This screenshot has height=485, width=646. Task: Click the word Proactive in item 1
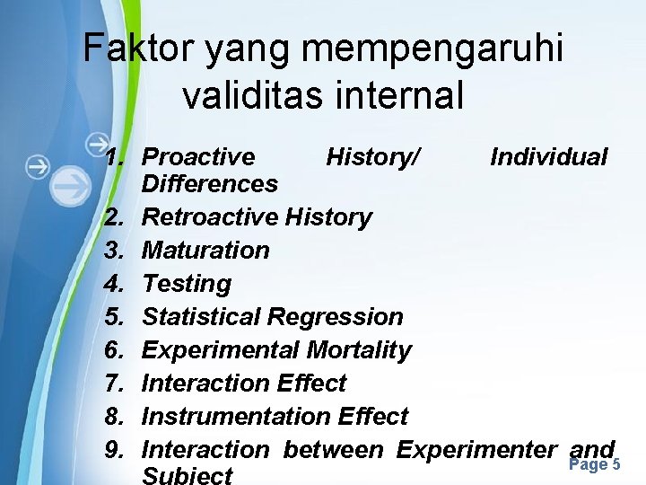pos(199,157)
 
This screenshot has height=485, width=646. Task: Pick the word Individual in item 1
pos(549,157)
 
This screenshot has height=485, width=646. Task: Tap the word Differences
pos(210,184)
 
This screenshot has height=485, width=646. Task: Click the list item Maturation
pos(205,251)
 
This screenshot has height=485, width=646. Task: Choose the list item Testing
pos(187,284)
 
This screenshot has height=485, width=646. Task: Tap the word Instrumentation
pos(237,417)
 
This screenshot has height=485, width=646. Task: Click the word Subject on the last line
pos(188,475)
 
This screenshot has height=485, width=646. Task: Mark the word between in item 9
pos(333,450)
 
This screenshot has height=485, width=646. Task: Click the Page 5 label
pos(594,464)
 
